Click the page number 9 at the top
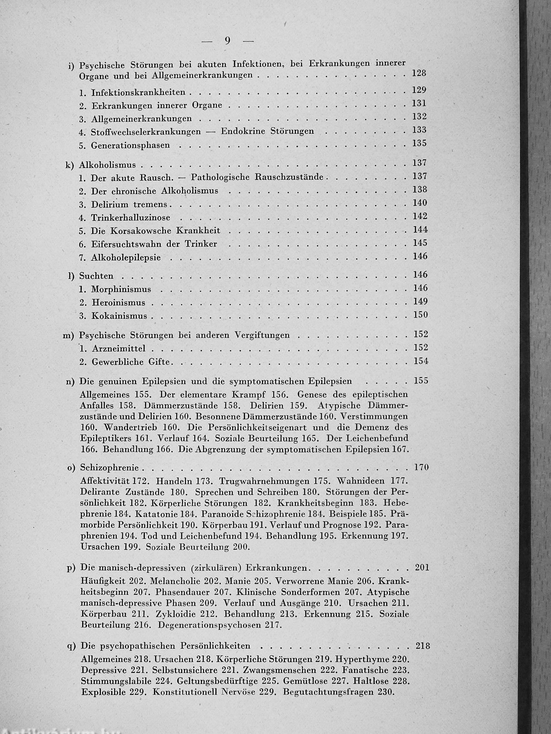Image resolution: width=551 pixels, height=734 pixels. pos(228,40)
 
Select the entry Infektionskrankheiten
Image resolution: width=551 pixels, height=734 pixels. pos(138,93)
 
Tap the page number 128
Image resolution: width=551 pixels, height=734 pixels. pos(419,73)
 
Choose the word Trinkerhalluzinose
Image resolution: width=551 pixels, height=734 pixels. pos(131,218)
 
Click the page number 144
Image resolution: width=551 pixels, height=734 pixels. pos(420,230)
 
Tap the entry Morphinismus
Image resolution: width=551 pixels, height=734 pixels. pos(121,289)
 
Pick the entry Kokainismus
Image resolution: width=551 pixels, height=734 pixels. pos(119,316)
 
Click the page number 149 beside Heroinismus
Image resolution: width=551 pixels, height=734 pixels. pos(420,302)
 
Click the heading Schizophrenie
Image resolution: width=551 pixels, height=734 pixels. pos(110,468)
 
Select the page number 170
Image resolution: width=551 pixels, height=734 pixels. pos(422,467)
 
